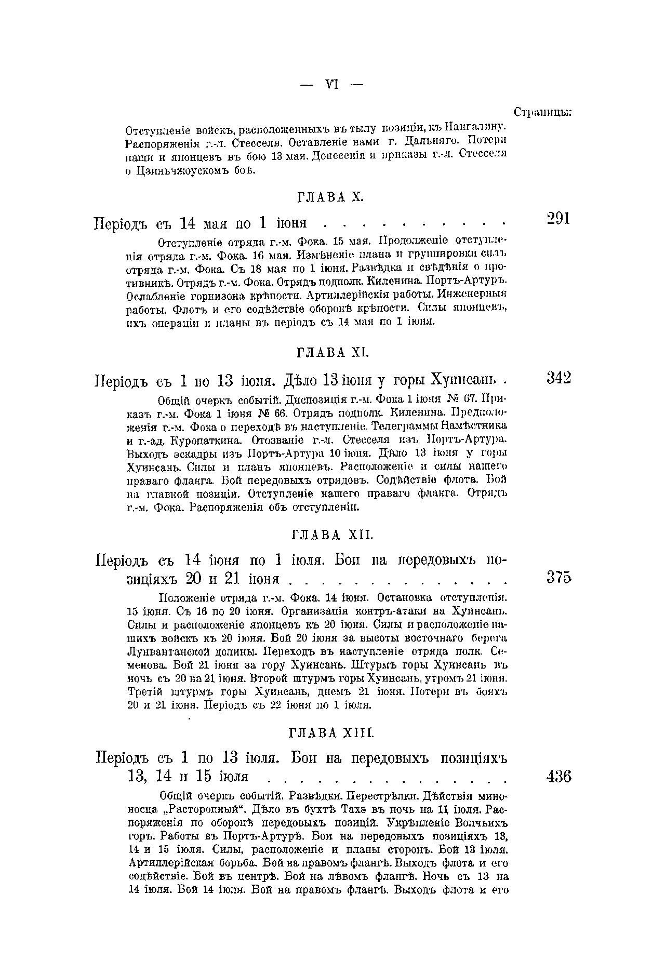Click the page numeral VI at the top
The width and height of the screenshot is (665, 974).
point(332,84)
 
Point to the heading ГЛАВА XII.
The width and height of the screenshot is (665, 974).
point(331,535)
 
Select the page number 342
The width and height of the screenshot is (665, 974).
point(558,378)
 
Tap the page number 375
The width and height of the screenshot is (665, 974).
point(558,578)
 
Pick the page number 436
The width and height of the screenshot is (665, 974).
point(558,777)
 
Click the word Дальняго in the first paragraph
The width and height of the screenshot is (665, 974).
point(432,141)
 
